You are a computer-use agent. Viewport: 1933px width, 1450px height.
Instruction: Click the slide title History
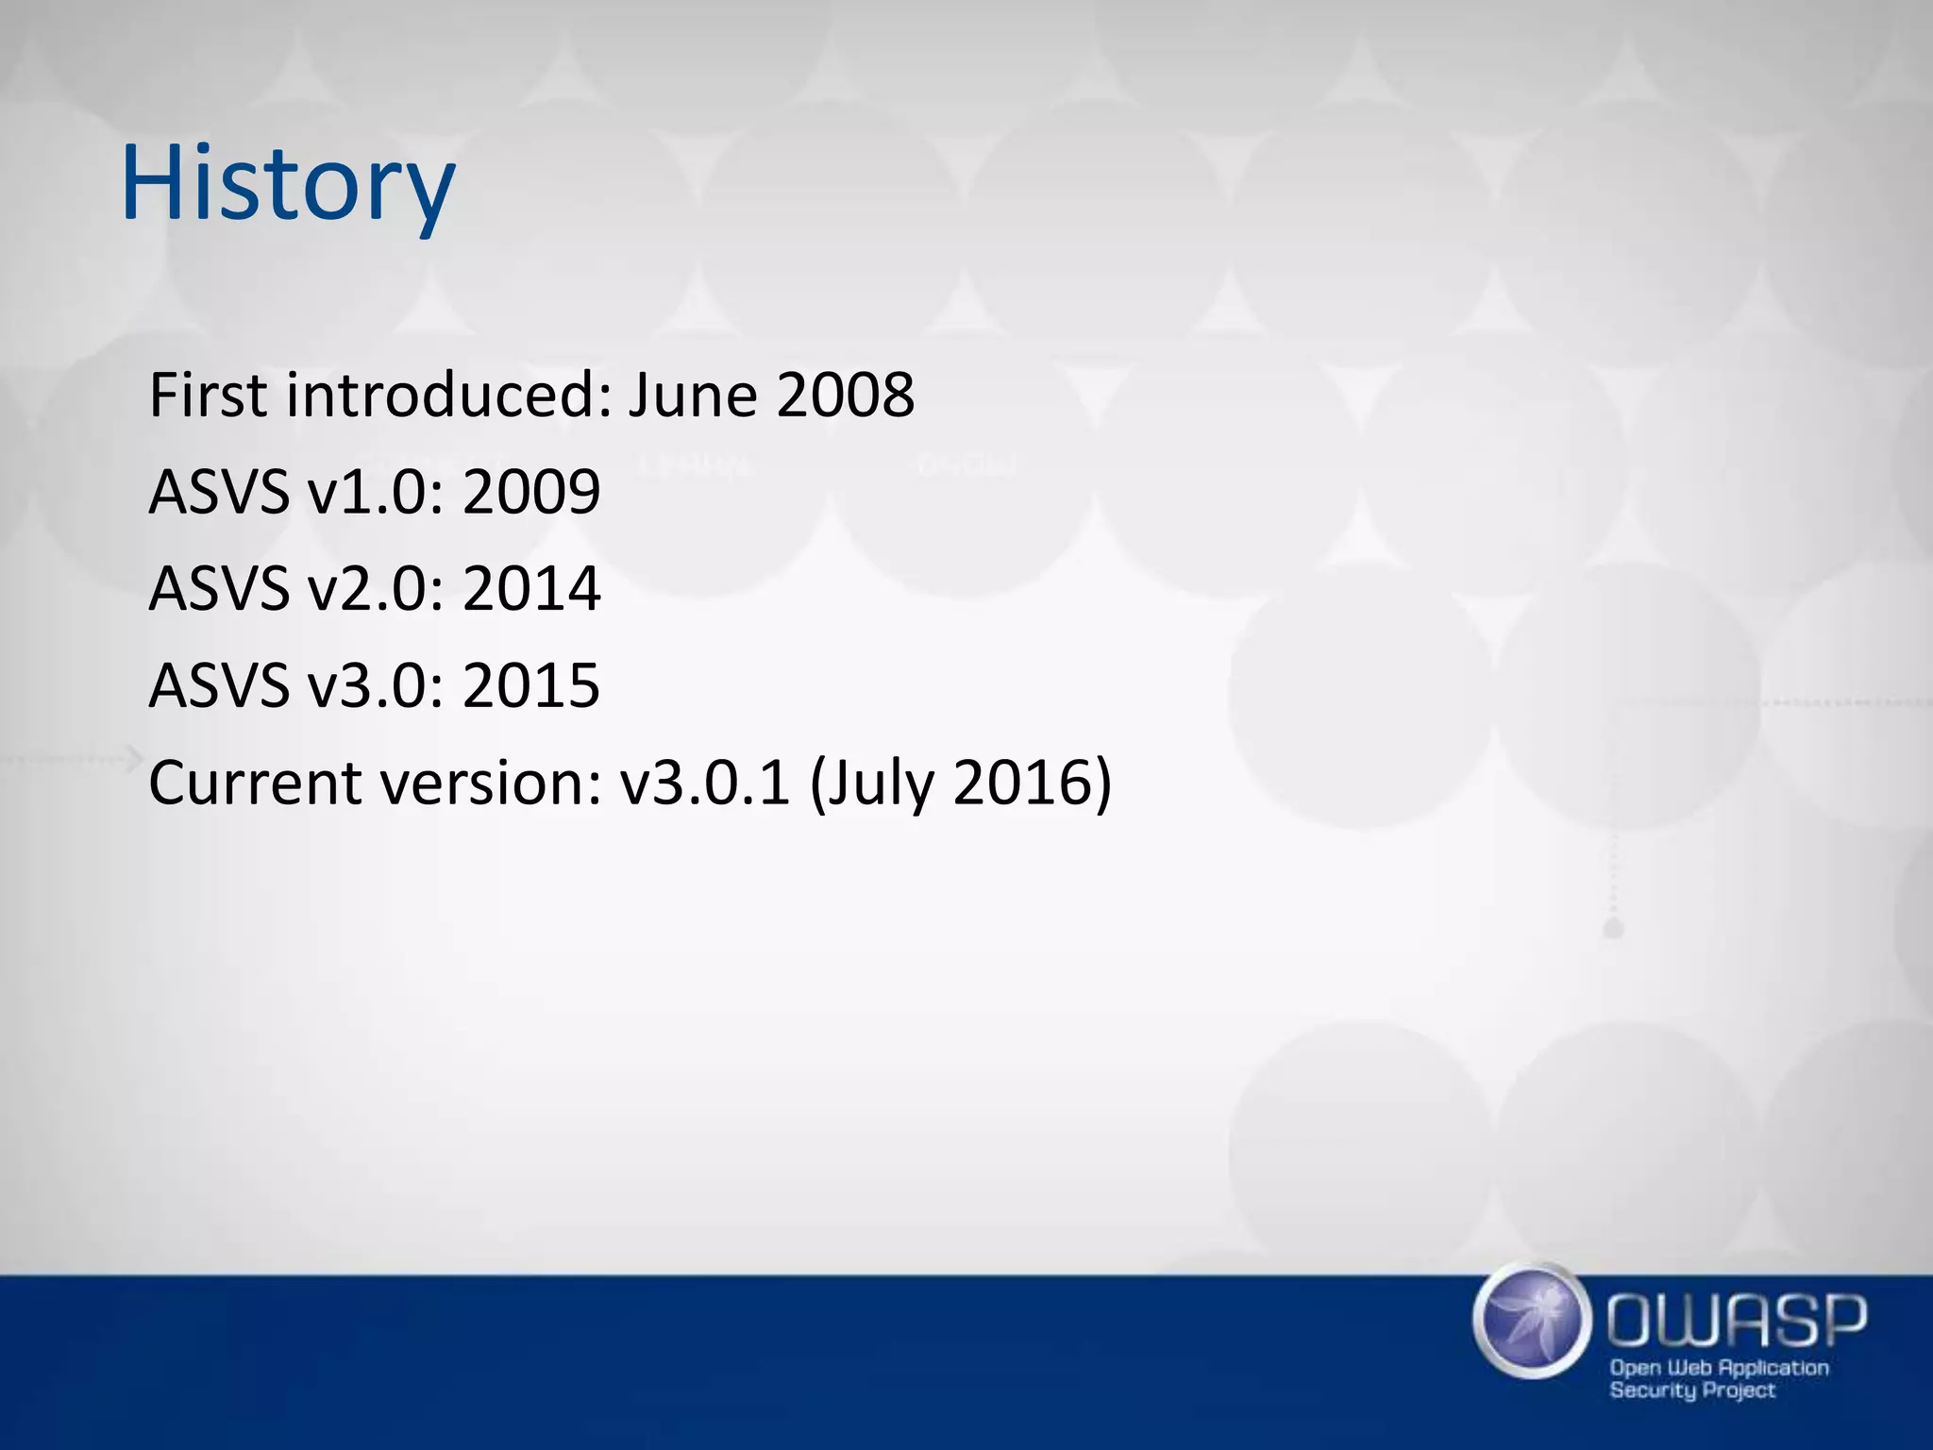click(x=288, y=184)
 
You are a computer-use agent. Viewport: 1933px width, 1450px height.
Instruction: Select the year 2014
click(x=531, y=589)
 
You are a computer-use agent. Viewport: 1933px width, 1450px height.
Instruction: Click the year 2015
click(x=531, y=686)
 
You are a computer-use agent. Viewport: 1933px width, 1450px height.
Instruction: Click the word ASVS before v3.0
click(x=219, y=686)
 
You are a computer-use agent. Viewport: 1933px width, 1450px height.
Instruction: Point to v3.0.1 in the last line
click(x=704, y=784)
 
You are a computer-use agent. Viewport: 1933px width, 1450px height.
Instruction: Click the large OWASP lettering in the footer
click(x=1737, y=1322)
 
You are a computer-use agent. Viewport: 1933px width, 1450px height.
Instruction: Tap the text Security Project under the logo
click(x=1691, y=1390)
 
